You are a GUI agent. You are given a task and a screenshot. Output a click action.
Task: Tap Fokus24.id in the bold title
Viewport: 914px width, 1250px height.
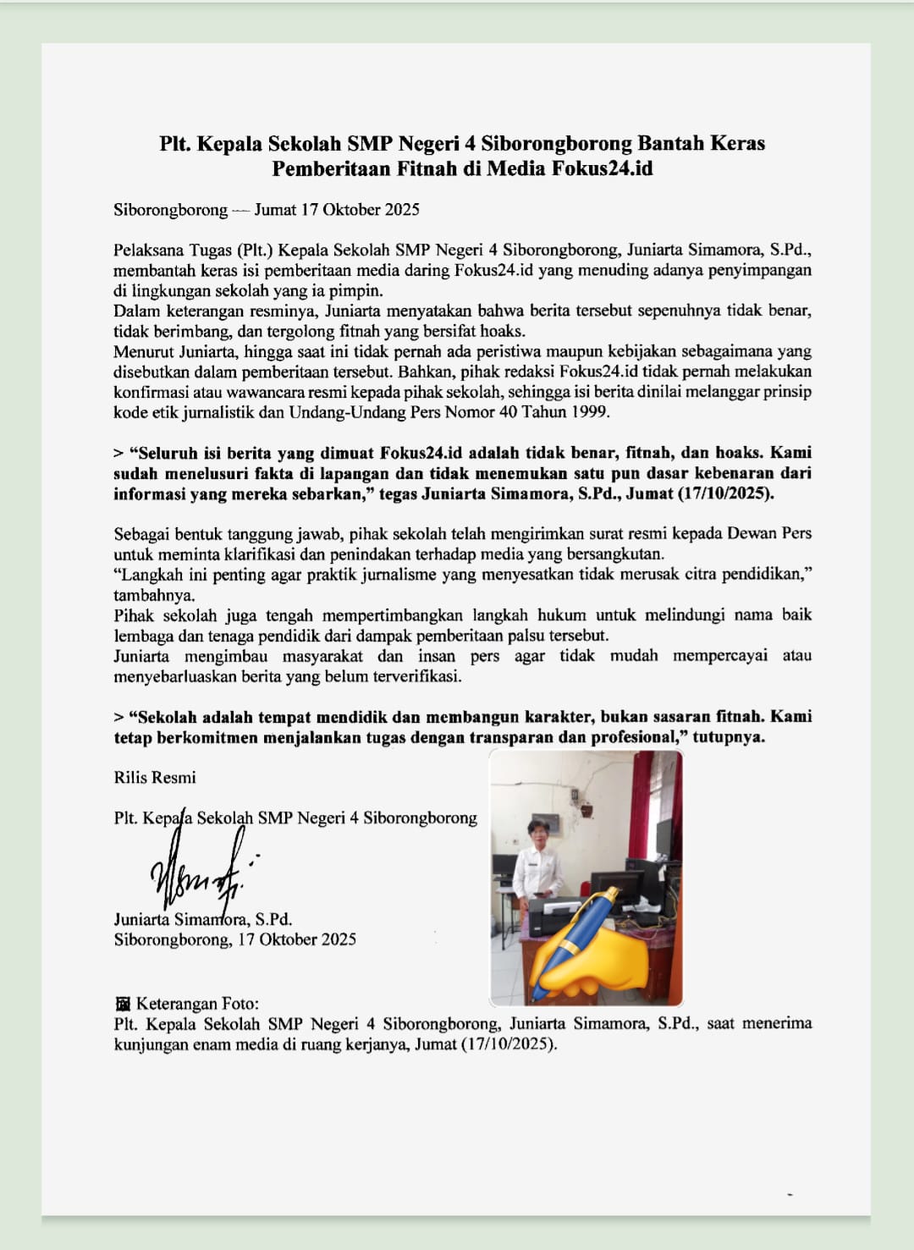tap(602, 168)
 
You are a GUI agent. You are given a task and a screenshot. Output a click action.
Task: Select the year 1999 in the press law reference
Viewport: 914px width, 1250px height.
tap(589, 412)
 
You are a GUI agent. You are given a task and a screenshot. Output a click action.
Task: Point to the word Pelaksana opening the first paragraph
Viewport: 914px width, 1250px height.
tap(149, 250)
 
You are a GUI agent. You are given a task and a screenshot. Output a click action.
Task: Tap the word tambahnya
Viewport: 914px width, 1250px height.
tap(153, 595)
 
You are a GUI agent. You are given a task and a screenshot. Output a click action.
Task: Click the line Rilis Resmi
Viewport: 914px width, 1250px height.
tap(155, 777)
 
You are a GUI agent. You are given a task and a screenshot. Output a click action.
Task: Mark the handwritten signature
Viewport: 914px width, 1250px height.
tap(200, 872)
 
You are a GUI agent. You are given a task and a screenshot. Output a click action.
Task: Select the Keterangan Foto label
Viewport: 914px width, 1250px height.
tap(197, 1004)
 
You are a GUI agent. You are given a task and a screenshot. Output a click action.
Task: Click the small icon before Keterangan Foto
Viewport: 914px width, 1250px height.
tap(123, 1004)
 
